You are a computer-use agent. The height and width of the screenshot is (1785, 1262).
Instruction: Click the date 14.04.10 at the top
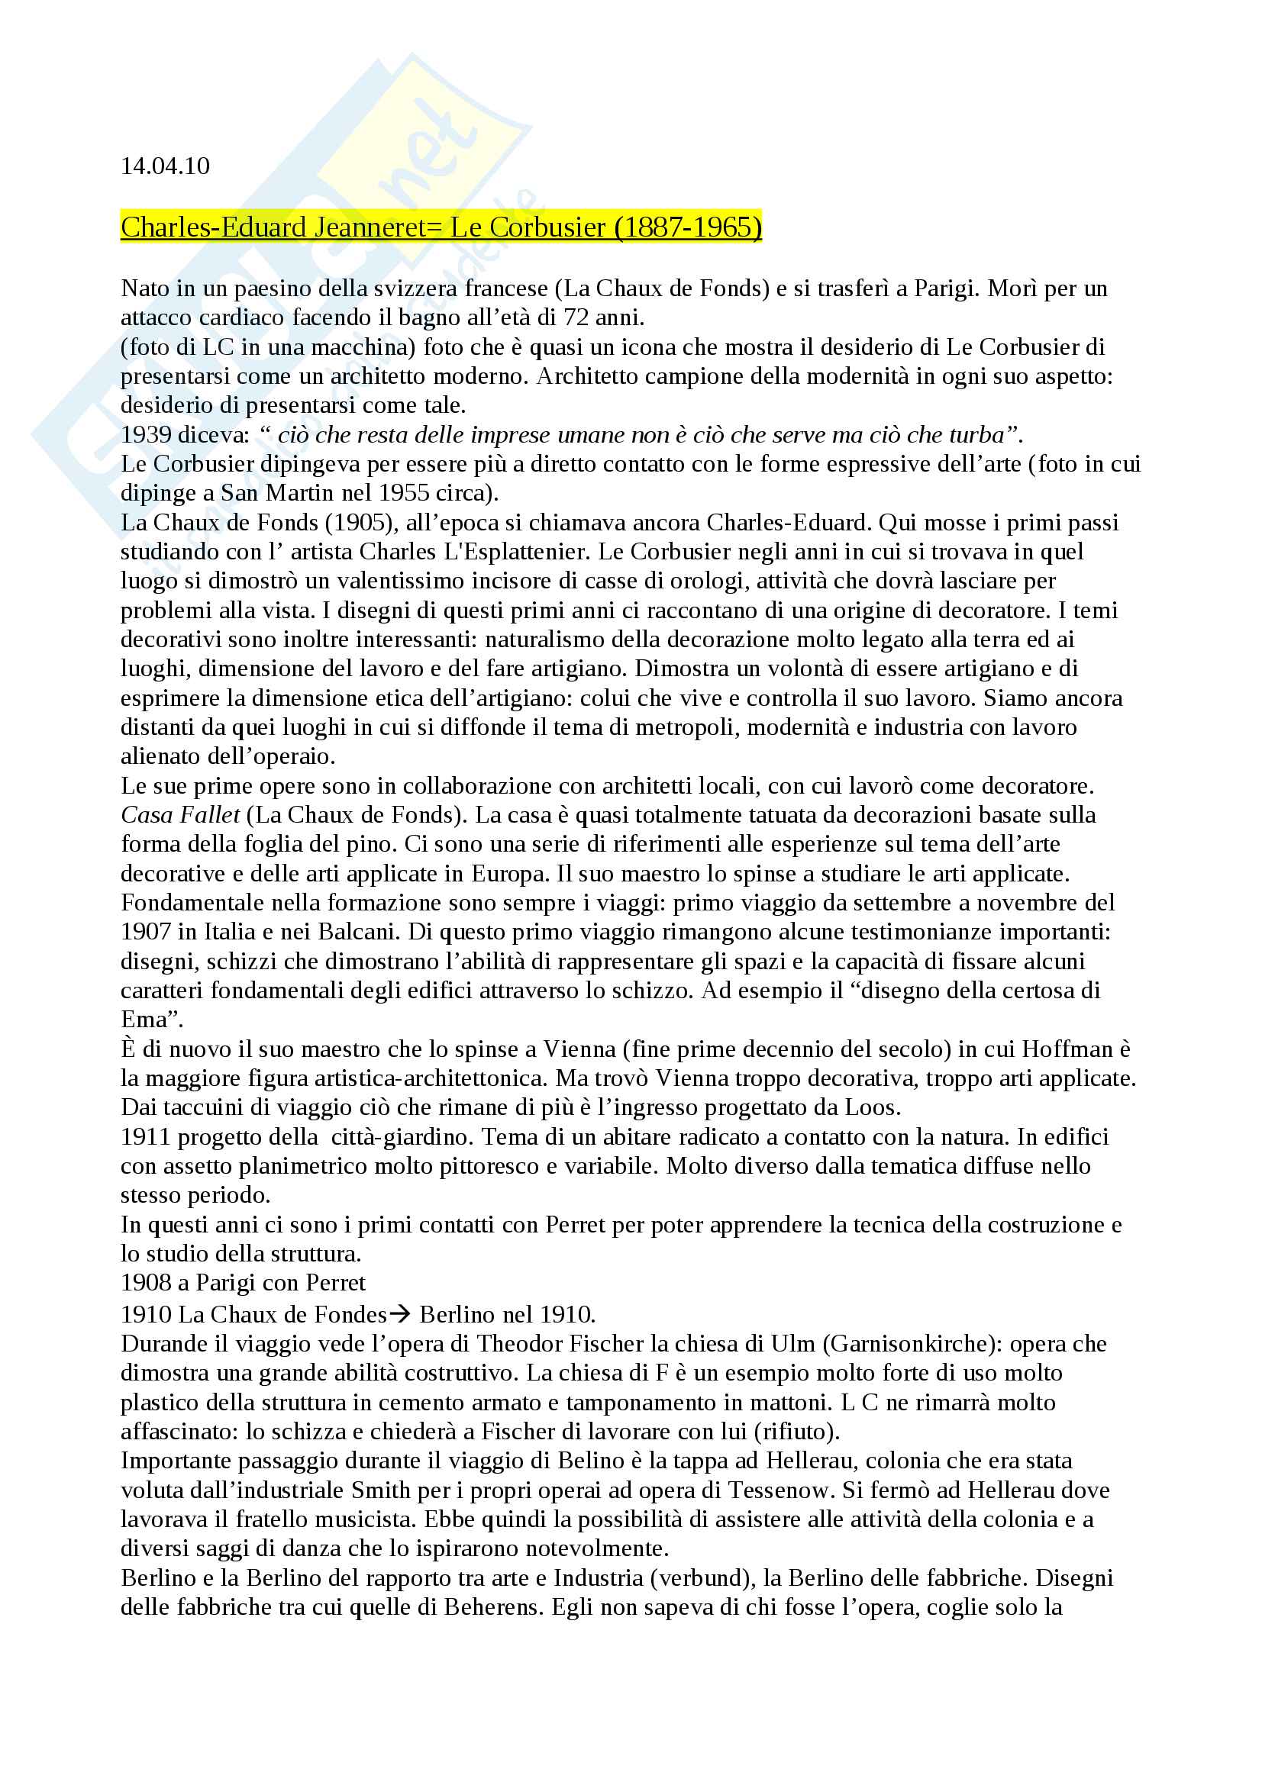[165, 166]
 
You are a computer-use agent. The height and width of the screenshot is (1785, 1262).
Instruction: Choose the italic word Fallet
[210, 815]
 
